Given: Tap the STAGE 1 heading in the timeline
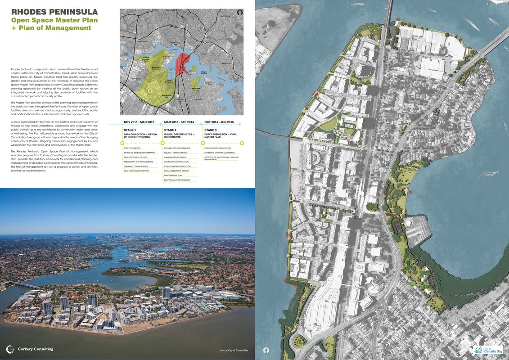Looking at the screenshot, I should click(x=130, y=130).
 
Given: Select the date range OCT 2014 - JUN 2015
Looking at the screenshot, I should click(x=219, y=122).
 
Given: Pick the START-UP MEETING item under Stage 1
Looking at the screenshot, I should click(x=132, y=148).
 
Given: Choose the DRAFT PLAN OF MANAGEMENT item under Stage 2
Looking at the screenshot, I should click(x=177, y=180).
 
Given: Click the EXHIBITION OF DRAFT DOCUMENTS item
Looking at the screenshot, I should click(x=219, y=153).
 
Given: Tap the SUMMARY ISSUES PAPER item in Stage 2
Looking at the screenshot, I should click(x=175, y=157).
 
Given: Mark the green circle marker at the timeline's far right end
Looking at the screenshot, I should click(x=242, y=143).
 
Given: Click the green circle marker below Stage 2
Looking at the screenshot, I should click(x=162, y=143).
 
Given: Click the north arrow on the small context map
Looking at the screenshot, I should click(x=239, y=13).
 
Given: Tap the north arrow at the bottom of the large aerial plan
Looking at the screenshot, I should click(x=266, y=350).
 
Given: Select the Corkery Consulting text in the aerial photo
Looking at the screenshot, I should click(x=36, y=349).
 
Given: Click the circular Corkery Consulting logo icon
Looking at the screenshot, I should click(x=10, y=349).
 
